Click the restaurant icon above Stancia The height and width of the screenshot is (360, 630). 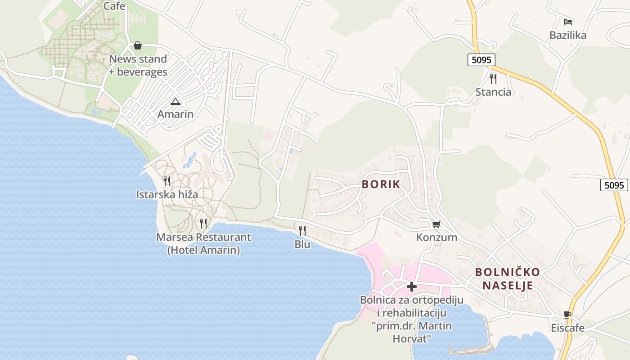(493, 79)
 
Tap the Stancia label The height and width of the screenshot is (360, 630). (493, 92)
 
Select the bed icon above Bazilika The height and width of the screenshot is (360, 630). (568, 22)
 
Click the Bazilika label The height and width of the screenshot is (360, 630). (568, 35)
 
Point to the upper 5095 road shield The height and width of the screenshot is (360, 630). (481, 59)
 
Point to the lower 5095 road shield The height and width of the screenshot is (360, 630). (614, 185)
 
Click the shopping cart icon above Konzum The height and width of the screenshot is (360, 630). (436, 224)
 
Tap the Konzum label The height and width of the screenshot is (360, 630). (436, 237)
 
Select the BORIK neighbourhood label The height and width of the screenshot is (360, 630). (381, 184)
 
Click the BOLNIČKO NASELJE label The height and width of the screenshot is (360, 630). (508, 279)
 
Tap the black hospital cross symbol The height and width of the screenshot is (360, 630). (411, 287)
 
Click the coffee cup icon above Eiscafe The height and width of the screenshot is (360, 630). (567, 315)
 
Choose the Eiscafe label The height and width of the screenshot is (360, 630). (567, 328)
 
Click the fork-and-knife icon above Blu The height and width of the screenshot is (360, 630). (302, 231)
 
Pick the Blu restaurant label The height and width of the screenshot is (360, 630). (302, 244)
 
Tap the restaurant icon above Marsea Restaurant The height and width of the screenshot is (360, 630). (203, 223)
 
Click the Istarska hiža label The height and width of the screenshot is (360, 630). (167, 194)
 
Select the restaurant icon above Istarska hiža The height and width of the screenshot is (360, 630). (167, 181)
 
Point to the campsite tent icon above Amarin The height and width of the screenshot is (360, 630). (175, 101)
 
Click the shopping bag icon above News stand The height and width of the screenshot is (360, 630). (138, 45)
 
